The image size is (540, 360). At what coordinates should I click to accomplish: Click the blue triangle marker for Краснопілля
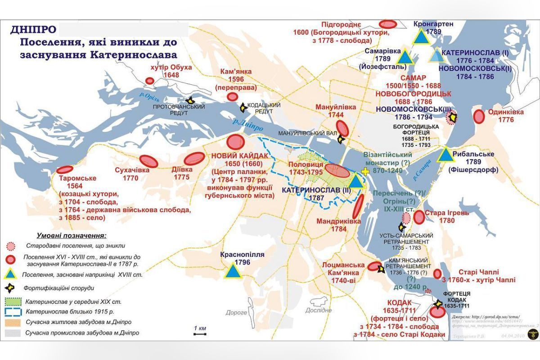[233, 271]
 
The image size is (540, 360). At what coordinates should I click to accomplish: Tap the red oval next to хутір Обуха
[150, 81]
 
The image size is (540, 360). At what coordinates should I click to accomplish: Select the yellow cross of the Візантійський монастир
[367, 172]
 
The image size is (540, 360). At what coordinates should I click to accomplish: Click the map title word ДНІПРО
[33, 30]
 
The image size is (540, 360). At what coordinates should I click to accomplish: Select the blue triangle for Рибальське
[445, 155]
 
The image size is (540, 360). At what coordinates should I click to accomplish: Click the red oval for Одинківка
[479, 117]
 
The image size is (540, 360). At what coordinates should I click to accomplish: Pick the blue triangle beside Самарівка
[405, 57]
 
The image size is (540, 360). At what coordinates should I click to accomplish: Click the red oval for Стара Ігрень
[419, 217]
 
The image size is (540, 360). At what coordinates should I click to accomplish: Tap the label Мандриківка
[332, 221]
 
